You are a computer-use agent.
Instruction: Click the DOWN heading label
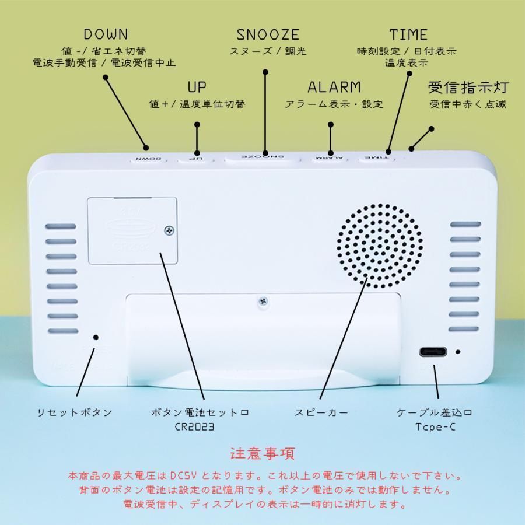tap(106, 34)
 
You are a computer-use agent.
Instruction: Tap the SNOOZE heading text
tap(268, 34)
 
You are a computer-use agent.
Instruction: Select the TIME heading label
tap(408, 34)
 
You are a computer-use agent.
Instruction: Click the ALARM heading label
tap(334, 87)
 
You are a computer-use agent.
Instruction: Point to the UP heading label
tap(197, 87)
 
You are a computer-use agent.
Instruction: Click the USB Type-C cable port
tap(433, 352)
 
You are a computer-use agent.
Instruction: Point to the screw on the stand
tap(264, 302)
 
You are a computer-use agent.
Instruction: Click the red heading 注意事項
tap(262, 453)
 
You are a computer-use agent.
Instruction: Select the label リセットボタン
tap(74, 412)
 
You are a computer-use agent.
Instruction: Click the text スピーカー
tap(321, 412)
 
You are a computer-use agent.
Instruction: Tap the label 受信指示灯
tap(468, 88)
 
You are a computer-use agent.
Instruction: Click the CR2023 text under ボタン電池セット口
tap(195, 426)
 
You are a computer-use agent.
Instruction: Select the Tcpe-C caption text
tap(434, 426)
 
